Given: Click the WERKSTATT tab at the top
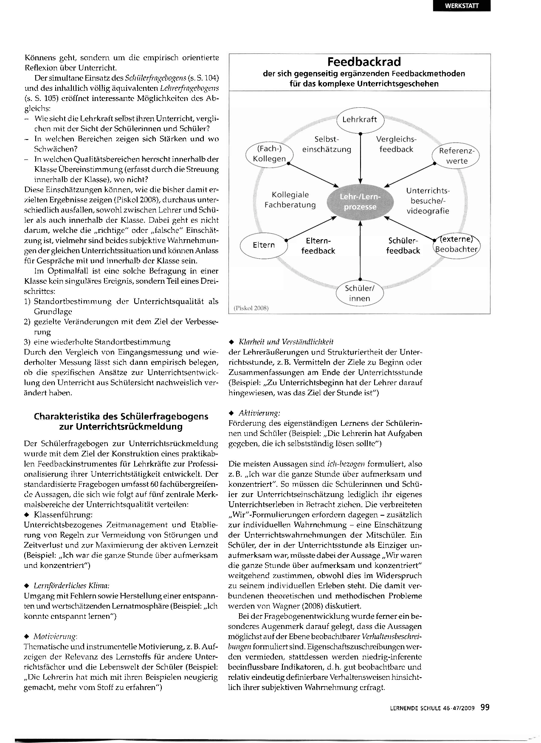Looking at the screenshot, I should [x=461, y=6].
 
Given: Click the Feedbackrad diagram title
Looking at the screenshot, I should [x=364, y=62].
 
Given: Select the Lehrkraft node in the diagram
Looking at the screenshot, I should [x=360, y=120].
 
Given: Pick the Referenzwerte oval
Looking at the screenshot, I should [x=456, y=156].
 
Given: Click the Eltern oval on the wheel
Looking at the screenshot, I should [x=264, y=245].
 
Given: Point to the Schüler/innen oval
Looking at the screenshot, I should [x=360, y=293].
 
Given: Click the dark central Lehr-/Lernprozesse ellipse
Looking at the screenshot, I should [x=360, y=202].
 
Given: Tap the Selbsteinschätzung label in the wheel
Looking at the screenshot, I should [x=327, y=144].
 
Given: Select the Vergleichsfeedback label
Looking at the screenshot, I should [x=396, y=144].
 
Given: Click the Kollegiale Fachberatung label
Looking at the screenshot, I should [x=290, y=200].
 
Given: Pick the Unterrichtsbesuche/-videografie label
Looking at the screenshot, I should [x=428, y=201].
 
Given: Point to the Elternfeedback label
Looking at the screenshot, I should [x=318, y=246].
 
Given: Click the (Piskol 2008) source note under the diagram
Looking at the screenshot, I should [x=251, y=308].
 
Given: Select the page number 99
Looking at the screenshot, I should [x=485, y=707].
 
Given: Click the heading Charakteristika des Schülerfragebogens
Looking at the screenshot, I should [x=121, y=421].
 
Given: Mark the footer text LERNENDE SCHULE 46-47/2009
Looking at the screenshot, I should [x=432, y=708].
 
